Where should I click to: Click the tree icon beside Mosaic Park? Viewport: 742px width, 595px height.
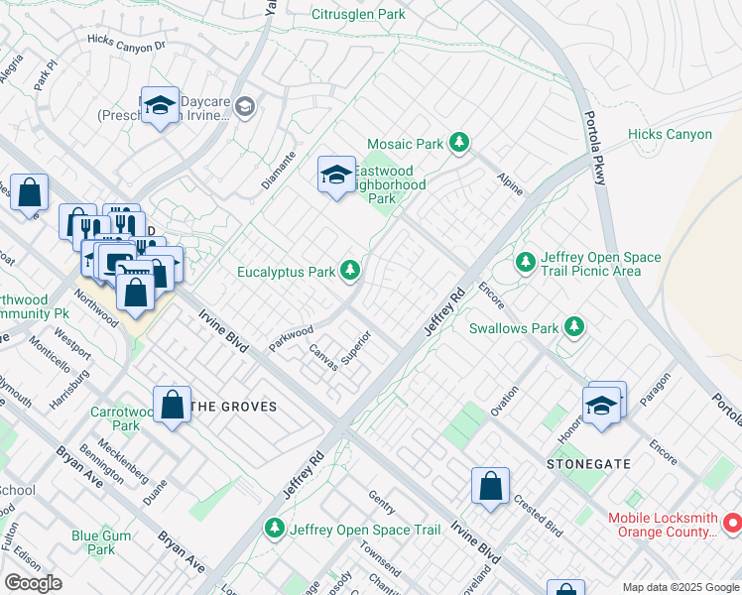[x=458, y=144]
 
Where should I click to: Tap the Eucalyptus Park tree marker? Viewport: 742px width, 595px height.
[x=349, y=271]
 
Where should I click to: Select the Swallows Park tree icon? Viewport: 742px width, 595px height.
[x=573, y=326]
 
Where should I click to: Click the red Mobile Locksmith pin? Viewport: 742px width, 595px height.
[x=732, y=521]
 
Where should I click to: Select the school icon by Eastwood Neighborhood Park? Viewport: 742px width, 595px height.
[x=336, y=176]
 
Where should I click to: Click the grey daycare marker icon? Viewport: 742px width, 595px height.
[x=245, y=106]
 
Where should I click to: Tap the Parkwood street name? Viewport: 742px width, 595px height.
[x=291, y=337]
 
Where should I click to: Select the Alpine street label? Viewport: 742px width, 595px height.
[x=510, y=180]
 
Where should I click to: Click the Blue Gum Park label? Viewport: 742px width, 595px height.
[x=101, y=542]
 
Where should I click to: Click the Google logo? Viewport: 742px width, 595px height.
[x=34, y=583]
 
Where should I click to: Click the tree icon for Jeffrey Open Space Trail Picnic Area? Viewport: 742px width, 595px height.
[x=525, y=263]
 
